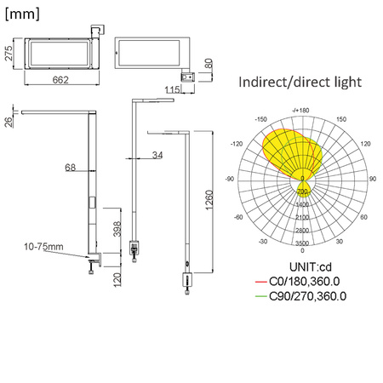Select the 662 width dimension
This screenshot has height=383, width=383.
[58, 79]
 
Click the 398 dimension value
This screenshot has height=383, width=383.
[117, 229]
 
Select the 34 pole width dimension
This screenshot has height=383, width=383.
[158, 155]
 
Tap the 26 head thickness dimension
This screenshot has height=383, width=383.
[8, 121]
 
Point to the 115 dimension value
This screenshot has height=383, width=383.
[171, 89]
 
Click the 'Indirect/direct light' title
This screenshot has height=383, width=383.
[300, 83]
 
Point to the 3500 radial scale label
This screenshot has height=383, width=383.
[302, 243]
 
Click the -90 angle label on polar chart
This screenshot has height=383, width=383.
[229, 179]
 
